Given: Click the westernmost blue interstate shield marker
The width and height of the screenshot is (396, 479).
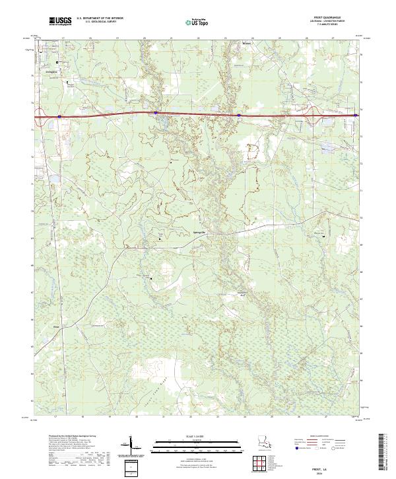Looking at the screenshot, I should (x=59, y=116).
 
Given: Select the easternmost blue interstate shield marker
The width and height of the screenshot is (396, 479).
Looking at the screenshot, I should (x=356, y=116).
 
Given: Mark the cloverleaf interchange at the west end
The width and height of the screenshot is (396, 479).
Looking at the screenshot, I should (x=42, y=117).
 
